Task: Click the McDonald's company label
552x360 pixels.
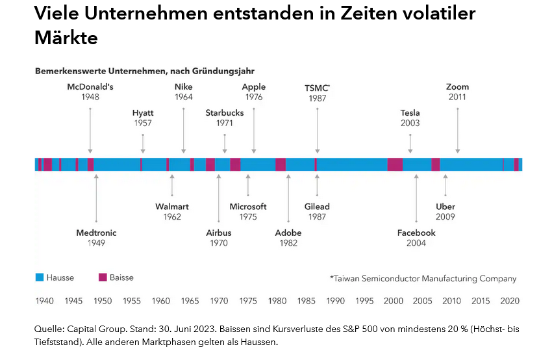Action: click(x=90, y=86)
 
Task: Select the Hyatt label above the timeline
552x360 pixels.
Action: click(x=143, y=112)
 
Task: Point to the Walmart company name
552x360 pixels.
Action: click(x=172, y=207)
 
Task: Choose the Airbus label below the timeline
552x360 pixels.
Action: click(x=219, y=233)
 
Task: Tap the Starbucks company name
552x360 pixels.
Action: click(x=225, y=112)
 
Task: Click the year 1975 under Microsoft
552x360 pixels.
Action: click(x=248, y=217)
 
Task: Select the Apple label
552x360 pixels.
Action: click(x=253, y=86)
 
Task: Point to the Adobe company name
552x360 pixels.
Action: click(x=288, y=233)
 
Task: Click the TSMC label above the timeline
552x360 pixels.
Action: click(x=317, y=87)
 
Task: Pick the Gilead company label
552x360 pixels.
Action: click(x=317, y=207)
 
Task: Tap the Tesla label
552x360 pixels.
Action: click(x=410, y=112)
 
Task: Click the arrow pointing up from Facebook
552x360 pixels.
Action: click(x=416, y=199)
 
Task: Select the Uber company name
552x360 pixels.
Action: click(x=445, y=207)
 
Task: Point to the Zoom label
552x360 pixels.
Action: click(x=457, y=86)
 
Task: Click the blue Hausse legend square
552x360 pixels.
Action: click(x=39, y=277)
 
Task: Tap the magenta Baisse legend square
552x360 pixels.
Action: click(x=102, y=277)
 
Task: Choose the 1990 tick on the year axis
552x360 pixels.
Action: click(x=336, y=301)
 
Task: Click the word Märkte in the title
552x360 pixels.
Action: click(x=66, y=38)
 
